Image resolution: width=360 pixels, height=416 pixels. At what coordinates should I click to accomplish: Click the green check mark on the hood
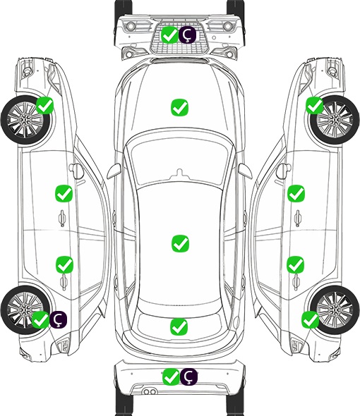179,107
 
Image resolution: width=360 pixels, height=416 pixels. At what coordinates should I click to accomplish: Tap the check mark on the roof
180,243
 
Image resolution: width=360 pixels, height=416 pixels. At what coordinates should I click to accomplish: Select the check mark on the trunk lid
179,326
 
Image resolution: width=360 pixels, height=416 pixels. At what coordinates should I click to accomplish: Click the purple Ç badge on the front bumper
187,35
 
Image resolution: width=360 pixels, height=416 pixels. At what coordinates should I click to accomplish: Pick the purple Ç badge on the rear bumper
188,377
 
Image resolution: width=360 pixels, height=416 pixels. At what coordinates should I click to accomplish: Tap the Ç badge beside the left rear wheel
58,319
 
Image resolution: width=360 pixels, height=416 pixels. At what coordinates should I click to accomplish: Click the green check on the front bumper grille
169,35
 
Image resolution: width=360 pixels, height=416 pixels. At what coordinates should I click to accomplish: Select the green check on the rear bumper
171,377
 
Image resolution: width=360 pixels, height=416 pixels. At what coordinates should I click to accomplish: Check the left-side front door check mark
64,194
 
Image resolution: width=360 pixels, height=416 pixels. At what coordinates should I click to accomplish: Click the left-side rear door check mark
64,264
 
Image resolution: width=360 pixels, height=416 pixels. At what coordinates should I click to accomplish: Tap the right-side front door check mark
296,193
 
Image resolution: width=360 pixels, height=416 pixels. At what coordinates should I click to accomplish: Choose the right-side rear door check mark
296,264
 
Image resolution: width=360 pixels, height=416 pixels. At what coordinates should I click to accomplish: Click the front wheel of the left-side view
25,120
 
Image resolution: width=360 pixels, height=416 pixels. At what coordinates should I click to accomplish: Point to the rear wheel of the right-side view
335,310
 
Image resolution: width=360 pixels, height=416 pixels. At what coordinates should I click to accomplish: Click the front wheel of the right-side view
335,120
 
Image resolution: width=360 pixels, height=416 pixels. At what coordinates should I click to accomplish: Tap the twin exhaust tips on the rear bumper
150,391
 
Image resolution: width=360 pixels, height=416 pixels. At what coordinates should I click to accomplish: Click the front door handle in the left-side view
62,218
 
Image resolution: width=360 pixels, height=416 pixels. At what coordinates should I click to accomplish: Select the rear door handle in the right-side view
296,282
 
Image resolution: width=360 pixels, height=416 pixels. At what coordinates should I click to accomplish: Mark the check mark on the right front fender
315,105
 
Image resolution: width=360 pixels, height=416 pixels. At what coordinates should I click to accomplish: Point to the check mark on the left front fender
45,105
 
